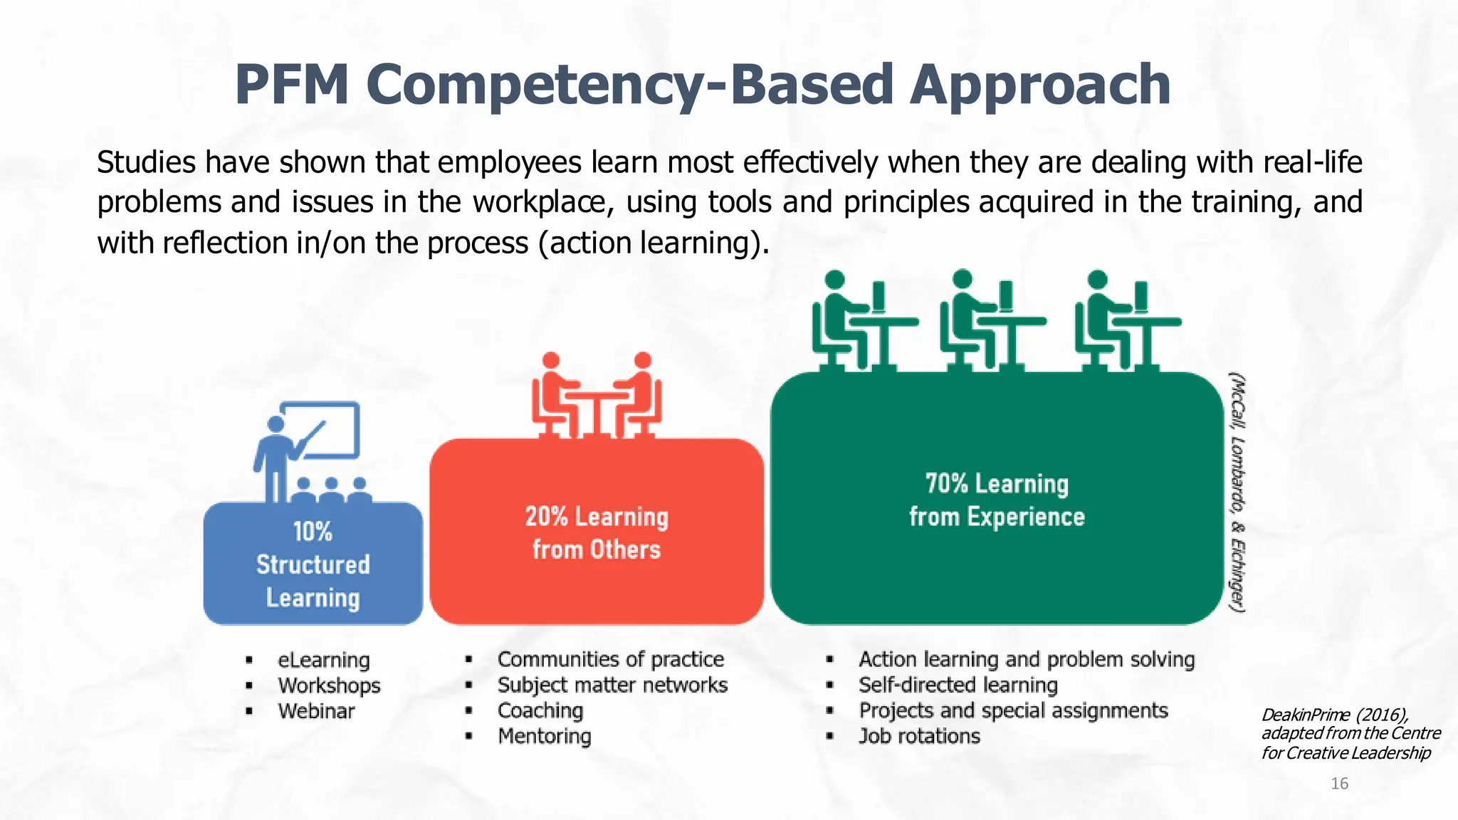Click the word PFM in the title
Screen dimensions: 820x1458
292,85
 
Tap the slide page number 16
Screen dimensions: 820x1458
1339,784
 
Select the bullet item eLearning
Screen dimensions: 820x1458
324,661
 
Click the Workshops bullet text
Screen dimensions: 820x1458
329,686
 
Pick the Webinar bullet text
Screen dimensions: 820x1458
316,711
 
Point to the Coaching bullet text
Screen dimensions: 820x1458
540,711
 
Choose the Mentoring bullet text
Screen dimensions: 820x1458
545,737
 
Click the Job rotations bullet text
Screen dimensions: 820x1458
919,737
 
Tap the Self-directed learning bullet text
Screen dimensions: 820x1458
958,685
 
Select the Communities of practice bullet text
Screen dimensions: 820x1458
611,660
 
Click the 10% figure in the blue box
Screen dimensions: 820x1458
313,532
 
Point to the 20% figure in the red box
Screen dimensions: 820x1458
546,517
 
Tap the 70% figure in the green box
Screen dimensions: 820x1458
946,484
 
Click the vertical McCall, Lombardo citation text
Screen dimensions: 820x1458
1238,491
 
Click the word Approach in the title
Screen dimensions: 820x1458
1040,85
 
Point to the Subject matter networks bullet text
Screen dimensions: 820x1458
612,685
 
